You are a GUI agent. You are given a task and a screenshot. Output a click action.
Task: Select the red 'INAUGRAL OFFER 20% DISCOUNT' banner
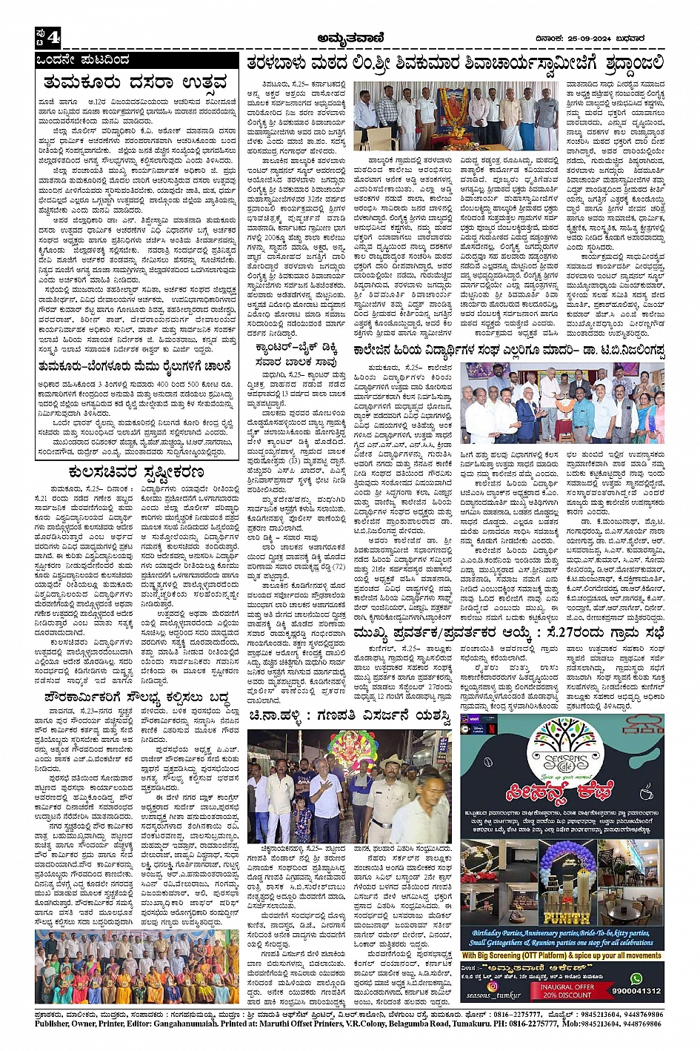click(x=567, y=991)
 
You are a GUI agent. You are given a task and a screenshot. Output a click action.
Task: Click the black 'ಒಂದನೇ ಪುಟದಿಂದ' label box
click(x=83, y=60)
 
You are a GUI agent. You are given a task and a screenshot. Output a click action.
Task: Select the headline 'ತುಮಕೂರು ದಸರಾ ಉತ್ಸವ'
click(x=135, y=82)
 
